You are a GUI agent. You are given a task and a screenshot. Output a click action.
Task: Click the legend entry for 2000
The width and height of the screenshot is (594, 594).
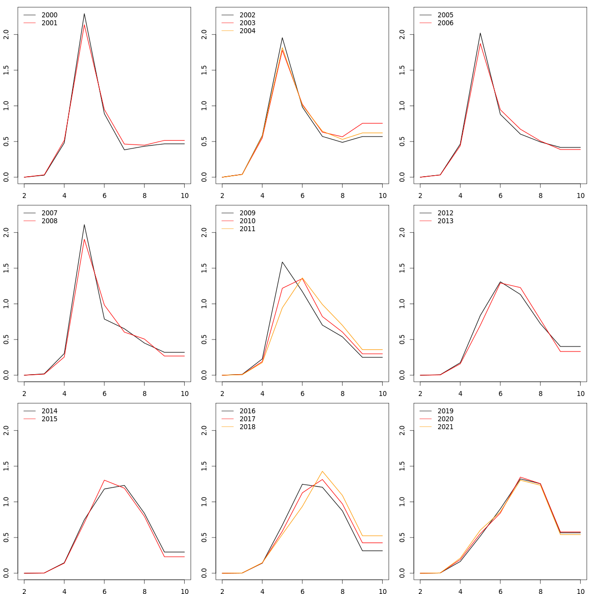49,15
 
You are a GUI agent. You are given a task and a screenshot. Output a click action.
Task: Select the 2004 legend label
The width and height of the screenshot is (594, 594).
247,31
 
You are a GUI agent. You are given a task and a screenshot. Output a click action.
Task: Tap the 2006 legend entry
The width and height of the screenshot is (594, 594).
445,23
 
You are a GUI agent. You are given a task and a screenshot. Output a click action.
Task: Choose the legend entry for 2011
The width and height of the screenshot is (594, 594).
247,229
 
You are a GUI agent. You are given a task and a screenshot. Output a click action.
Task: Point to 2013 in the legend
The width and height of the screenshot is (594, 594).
445,221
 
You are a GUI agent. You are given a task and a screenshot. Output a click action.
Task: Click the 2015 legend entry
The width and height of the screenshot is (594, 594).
49,419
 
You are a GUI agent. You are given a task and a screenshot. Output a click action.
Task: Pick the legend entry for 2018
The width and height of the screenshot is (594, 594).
247,427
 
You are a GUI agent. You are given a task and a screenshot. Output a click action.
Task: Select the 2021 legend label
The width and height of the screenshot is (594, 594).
445,427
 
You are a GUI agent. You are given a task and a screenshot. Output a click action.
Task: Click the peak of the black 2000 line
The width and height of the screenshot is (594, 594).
84,14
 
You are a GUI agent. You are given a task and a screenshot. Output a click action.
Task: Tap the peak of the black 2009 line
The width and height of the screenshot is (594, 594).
282,262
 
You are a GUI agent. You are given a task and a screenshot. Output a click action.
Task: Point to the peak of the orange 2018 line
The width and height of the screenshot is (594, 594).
322,471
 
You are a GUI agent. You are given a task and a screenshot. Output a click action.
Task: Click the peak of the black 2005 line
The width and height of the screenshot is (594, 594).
480,33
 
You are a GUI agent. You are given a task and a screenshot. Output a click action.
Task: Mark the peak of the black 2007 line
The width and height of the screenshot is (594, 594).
84,225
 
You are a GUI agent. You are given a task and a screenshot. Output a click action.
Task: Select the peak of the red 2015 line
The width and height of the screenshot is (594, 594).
104,480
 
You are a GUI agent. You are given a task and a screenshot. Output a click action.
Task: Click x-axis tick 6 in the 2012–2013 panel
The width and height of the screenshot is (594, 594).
500,394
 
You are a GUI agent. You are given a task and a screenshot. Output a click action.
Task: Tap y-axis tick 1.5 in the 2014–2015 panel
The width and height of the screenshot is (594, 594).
6,466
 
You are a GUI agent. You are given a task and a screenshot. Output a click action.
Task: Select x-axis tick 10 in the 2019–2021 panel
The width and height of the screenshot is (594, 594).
580,592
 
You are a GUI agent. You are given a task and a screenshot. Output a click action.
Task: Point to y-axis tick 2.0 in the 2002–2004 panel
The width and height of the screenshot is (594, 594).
204,35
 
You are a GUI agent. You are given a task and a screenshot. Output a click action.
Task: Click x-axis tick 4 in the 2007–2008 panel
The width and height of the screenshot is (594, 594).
64,394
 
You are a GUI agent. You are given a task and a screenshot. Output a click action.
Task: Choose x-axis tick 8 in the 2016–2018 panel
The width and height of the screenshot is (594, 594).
342,592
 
